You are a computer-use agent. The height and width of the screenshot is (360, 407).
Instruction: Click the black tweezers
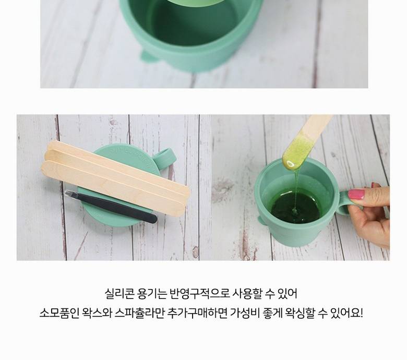(x=111, y=207)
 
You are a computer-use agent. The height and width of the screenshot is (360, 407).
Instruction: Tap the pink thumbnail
(x=356, y=194)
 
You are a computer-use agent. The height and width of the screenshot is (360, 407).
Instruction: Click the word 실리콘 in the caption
(x=119, y=294)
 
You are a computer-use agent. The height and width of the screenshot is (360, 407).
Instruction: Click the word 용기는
(x=152, y=294)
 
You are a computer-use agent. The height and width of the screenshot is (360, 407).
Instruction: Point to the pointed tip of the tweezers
(x=66, y=193)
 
